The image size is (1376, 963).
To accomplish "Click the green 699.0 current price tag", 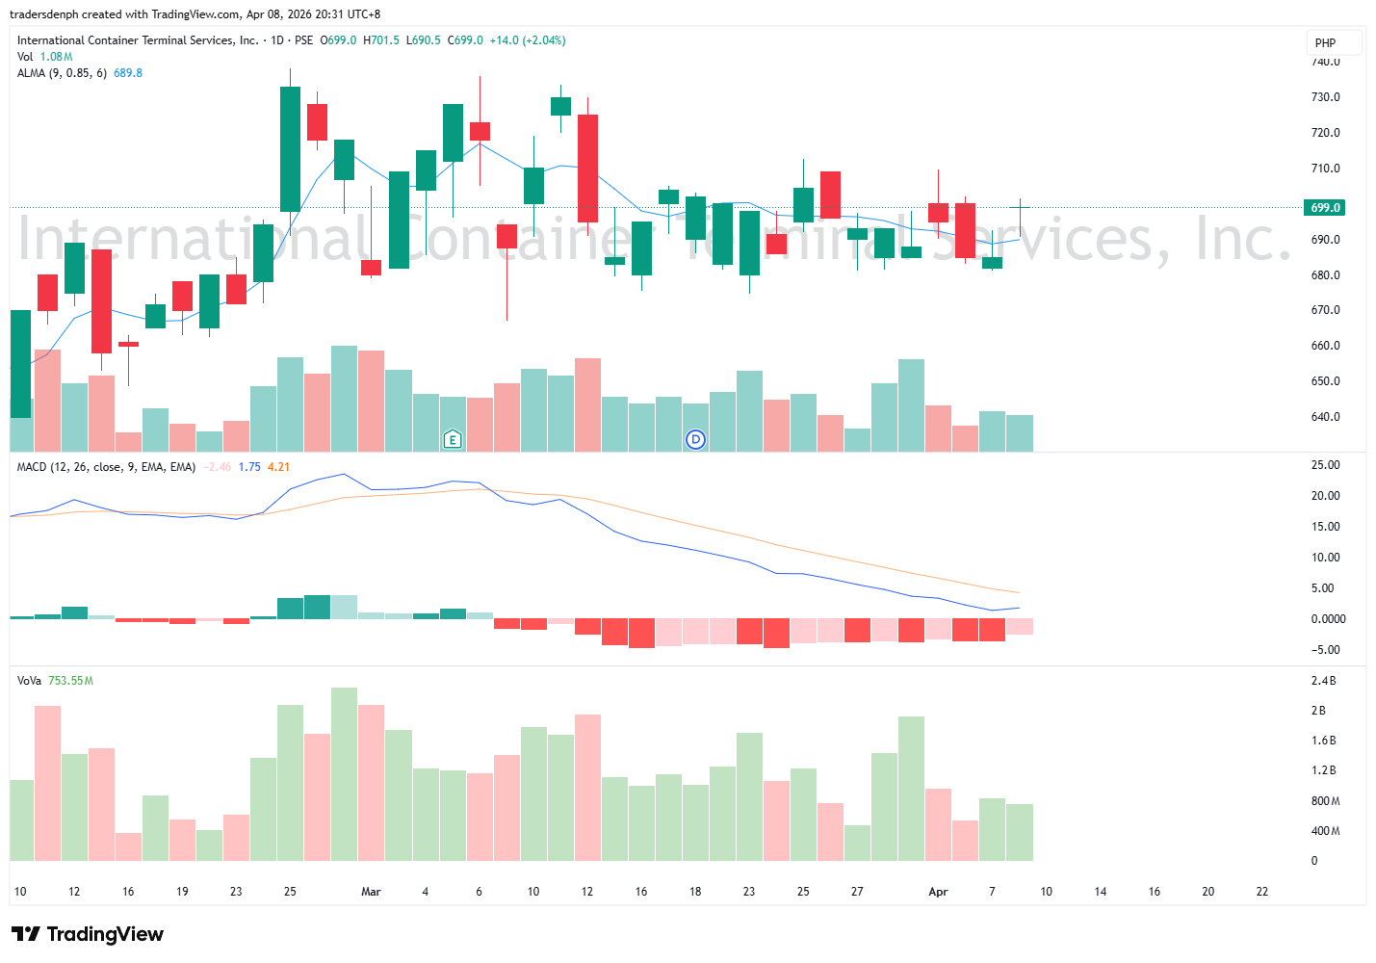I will tap(1325, 208).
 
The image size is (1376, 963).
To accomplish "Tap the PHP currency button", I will tap(1326, 43).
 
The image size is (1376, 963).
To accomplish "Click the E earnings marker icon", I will tap(453, 440).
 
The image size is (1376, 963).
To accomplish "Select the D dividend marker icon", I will tap(695, 440).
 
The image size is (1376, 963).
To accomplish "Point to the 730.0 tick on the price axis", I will tap(1325, 97).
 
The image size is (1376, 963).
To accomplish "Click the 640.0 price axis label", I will tap(1325, 417).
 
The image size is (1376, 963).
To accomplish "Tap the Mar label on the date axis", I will tap(371, 892).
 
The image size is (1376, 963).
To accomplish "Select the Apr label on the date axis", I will tap(938, 892).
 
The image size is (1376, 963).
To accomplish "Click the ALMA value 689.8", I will tap(128, 73).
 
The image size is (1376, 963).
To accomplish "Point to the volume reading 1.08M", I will tap(56, 57).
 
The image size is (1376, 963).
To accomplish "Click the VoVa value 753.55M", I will tap(70, 681).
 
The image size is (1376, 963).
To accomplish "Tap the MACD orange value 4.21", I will tap(278, 467).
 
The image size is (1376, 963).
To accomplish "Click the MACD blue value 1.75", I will tap(249, 467).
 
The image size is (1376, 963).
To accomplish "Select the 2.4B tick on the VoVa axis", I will tap(1323, 681).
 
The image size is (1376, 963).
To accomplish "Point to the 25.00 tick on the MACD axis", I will tap(1325, 465).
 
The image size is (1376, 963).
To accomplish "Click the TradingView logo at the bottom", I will tap(88, 934).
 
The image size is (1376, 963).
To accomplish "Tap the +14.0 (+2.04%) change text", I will tap(528, 40).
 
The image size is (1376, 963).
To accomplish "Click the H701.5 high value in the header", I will tap(380, 40).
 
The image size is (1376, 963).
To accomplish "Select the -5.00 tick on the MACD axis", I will tap(1325, 650).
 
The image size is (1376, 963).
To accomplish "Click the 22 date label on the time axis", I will tap(1262, 892).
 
